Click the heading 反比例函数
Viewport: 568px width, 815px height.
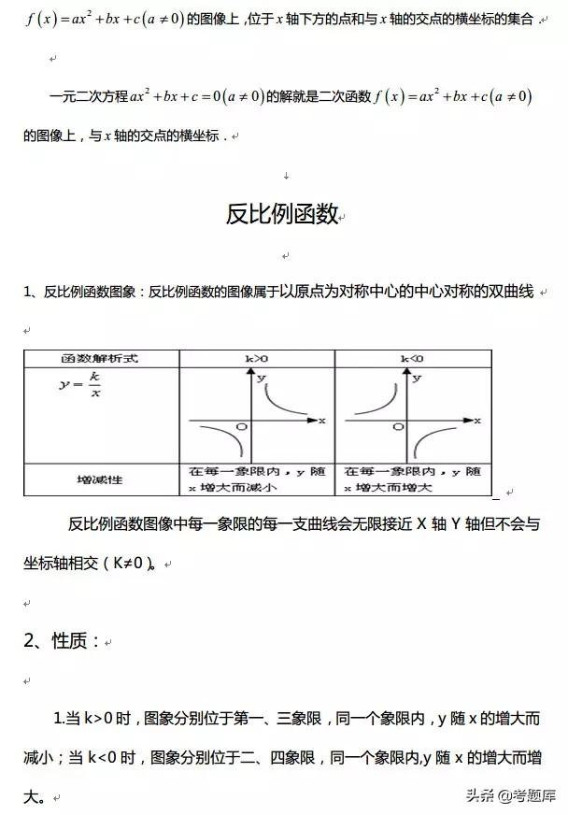[281, 214]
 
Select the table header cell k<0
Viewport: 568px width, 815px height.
[411, 358]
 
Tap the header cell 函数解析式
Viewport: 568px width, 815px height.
[101, 358]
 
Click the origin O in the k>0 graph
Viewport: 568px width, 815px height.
[241, 426]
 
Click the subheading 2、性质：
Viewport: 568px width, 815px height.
[61, 640]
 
